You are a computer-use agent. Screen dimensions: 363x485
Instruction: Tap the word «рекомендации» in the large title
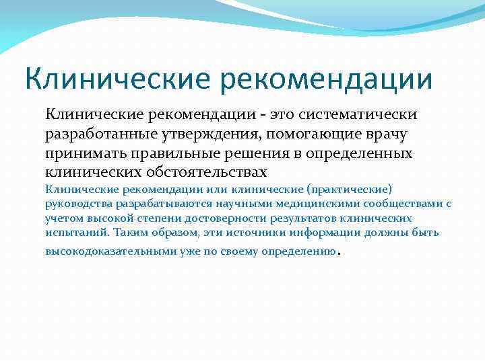[x=326, y=79]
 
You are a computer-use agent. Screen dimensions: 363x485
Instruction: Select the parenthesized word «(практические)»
[x=354, y=189]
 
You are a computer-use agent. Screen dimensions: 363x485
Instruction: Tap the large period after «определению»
[x=337, y=253]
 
